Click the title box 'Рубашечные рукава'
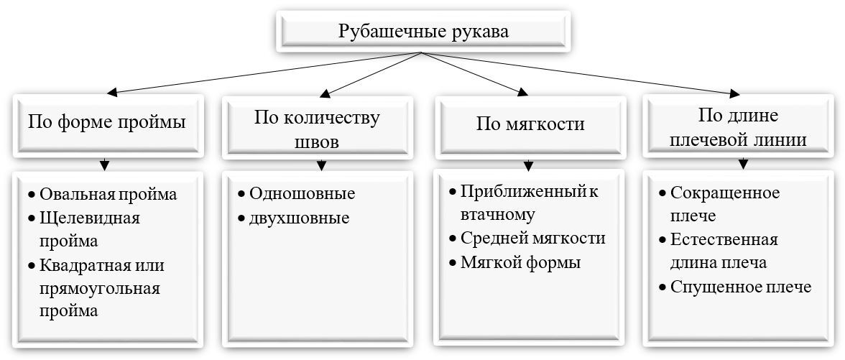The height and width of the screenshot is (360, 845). point(423,32)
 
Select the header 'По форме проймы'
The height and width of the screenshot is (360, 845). point(107,122)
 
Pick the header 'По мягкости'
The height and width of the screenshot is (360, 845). point(531,124)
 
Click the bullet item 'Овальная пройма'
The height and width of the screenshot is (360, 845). point(108,194)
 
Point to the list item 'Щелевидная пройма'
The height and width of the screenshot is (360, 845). point(90,229)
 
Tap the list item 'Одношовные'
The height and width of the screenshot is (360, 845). point(303,193)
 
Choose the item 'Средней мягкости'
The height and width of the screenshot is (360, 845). point(532,239)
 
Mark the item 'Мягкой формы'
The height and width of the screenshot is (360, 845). point(520,262)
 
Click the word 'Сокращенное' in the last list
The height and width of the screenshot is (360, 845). point(724,193)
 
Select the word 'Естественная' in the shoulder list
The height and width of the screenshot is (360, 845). point(724,239)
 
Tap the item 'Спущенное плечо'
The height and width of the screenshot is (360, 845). point(740,287)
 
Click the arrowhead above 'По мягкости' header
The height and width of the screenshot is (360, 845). point(523,91)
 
